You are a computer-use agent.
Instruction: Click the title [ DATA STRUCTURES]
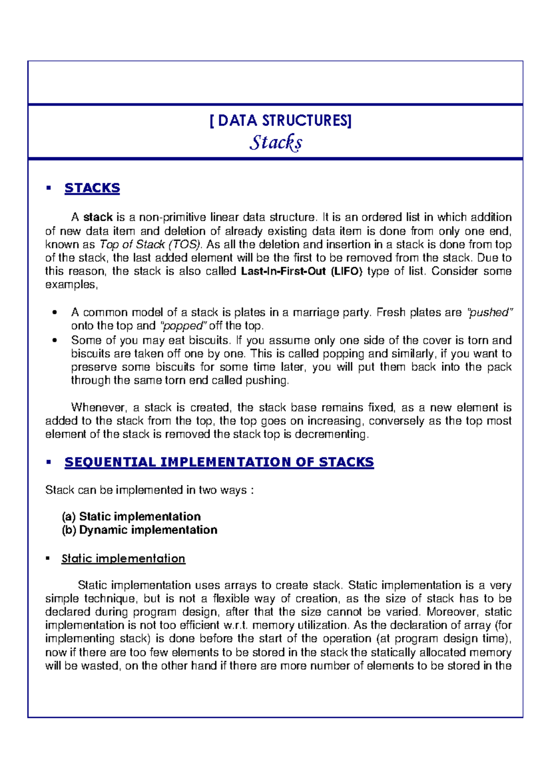tap(280, 121)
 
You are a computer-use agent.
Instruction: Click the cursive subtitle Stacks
tap(275, 142)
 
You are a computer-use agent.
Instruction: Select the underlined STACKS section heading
tap(92, 188)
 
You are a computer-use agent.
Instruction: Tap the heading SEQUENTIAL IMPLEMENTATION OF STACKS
tap(219, 462)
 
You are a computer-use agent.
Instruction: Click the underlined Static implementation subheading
tap(123, 558)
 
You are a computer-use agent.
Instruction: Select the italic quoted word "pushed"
tap(489, 312)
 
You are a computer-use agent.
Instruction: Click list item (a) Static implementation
tap(131, 516)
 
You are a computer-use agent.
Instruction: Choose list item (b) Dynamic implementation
tap(139, 530)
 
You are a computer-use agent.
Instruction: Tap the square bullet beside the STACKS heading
tap(48, 188)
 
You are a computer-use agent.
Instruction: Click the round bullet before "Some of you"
tap(55, 340)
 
